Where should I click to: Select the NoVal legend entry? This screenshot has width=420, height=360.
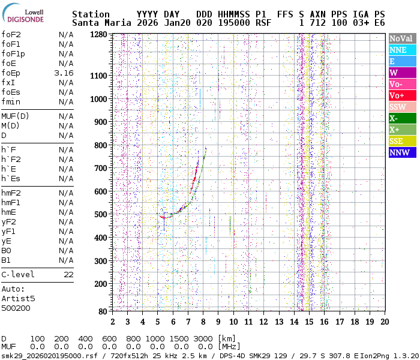pyautogui.click(x=401, y=38)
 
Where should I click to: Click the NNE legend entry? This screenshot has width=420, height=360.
pyautogui.click(x=401, y=50)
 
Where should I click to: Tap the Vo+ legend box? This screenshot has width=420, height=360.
pyautogui.click(x=401, y=95)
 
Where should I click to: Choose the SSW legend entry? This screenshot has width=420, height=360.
pyautogui.click(x=401, y=107)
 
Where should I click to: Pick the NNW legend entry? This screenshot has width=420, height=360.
pyautogui.click(x=401, y=152)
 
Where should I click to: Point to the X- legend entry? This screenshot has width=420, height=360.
pyautogui.click(x=401, y=118)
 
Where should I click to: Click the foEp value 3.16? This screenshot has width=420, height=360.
pyautogui.click(x=64, y=73)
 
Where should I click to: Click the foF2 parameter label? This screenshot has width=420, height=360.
pyautogui.click(x=11, y=34)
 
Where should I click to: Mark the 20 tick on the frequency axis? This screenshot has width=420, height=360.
pyautogui.click(x=384, y=321)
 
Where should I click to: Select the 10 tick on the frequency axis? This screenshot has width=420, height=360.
pyautogui.click(x=233, y=321)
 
